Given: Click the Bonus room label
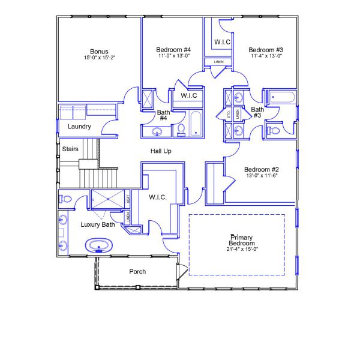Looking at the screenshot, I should pos(100,51).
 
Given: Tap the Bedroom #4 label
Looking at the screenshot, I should pos(173,49).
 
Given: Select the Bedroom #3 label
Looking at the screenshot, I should pos(266,49).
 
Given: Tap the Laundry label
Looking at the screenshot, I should pos(79,127).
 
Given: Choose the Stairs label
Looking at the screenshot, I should pos(70,149).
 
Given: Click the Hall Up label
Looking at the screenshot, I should pos(161,151).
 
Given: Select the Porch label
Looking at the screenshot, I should pos(137,272).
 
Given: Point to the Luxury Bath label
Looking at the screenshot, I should pos(98,224).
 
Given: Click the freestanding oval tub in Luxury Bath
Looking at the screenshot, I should pos(97,245).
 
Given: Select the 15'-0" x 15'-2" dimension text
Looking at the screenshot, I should pos(100,58).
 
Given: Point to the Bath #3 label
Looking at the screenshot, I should pos(257,112).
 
